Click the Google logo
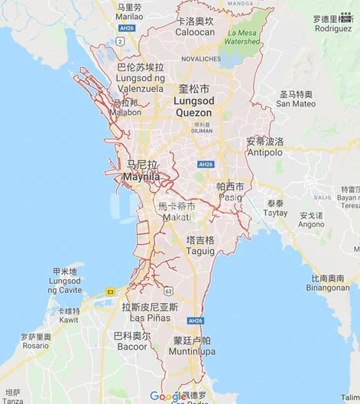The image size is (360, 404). point(167,396)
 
